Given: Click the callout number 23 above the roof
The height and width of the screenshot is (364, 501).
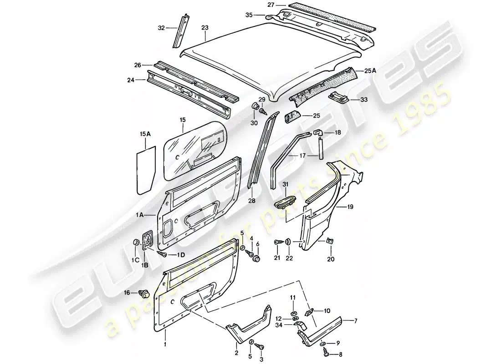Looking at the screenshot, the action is [x=205, y=28].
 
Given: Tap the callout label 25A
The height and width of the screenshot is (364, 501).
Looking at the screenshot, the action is [x=370, y=71].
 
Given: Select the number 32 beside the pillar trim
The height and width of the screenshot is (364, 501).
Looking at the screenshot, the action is [x=161, y=28].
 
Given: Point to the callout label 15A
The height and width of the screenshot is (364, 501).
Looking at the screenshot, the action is [x=145, y=134].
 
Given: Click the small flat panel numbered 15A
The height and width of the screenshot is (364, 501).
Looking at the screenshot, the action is [x=146, y=170].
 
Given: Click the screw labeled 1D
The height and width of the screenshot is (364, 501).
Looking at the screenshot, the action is [x=163, y=254].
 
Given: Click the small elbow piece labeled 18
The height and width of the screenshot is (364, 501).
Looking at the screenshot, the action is [x=317, y=132].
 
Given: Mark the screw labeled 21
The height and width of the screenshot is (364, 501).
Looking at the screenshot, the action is [x=278, y=243].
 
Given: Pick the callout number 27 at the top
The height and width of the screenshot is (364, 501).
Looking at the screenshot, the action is [x=271, y=5].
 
